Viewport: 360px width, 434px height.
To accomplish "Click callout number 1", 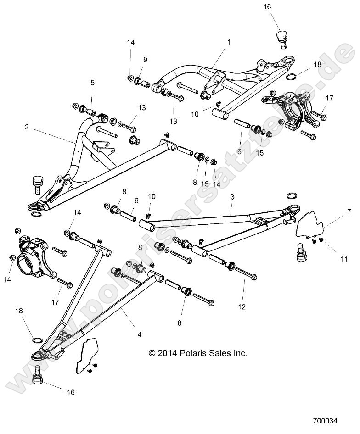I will pyautogui.click(x=229, y=42).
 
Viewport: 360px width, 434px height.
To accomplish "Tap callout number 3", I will pyautogui.click(x=233, y=196).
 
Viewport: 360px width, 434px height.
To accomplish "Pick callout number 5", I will pyautogui.click(x=92, y=83).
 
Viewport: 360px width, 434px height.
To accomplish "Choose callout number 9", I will pyautogui.click(x=145, y=60).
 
